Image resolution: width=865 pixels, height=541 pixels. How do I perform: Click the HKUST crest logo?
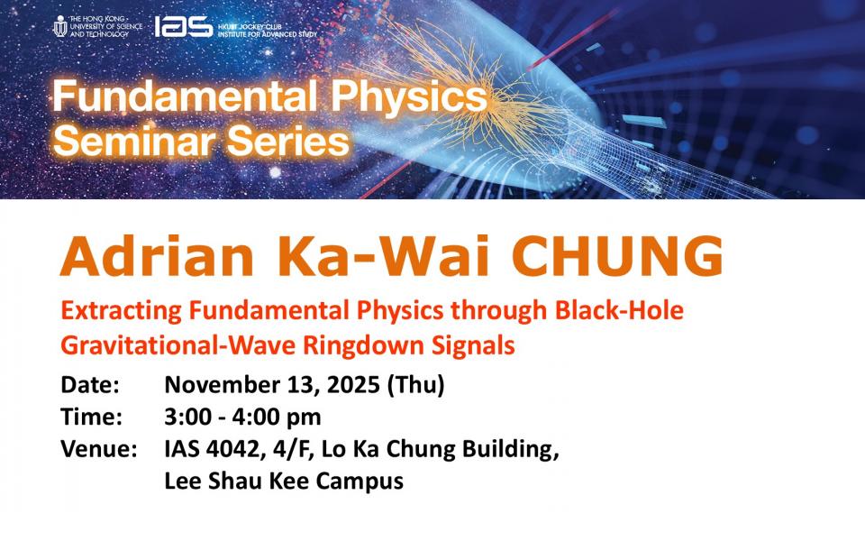[x=60, y=26]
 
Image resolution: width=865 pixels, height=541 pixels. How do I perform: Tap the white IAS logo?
[x=183, y=26]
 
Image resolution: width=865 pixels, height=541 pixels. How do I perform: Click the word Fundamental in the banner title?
[x=185, y=96]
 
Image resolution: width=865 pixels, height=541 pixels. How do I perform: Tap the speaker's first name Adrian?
[x=157, y=256]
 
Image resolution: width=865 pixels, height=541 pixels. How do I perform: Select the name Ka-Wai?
[x=384, y=256]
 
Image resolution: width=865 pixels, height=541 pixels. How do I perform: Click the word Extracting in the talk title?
[x=121, y=311]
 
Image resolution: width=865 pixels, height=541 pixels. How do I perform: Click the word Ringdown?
[x=363, y=346]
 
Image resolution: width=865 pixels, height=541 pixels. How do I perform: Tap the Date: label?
[x=90, y=385]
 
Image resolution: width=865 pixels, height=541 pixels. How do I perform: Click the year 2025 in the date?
[x=353, y=385]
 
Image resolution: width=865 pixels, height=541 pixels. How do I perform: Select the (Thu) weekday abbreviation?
[x=415, y=385]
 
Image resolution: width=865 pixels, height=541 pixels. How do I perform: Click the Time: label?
[x=91, y=417]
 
